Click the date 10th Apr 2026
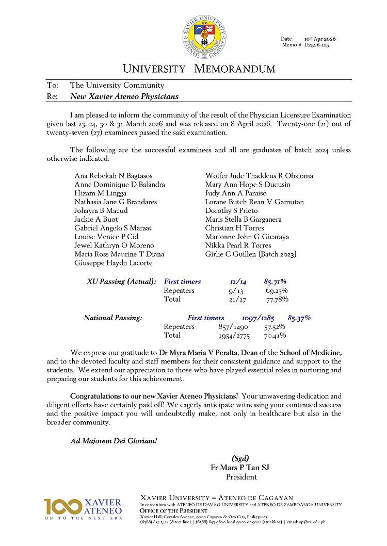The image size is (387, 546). [321, 39]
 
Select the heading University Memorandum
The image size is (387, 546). [199, 69]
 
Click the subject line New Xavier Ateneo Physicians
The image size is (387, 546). [124, 96]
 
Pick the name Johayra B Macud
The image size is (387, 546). [101, 210]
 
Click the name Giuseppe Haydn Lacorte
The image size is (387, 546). [114, 263]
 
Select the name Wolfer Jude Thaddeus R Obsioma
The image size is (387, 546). [259, 175]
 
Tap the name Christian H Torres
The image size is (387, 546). [235, 228]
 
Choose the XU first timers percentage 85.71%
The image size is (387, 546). [275, 282]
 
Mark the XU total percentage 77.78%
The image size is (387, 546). [277, 300]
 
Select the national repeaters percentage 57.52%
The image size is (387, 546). [275, 327]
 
